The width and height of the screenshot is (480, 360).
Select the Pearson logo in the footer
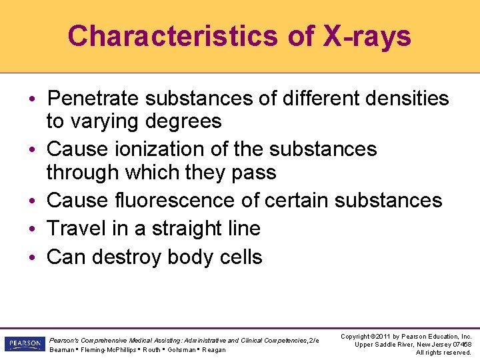(x=24, y=344)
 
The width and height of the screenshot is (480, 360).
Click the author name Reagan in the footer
(x=214, y=350)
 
